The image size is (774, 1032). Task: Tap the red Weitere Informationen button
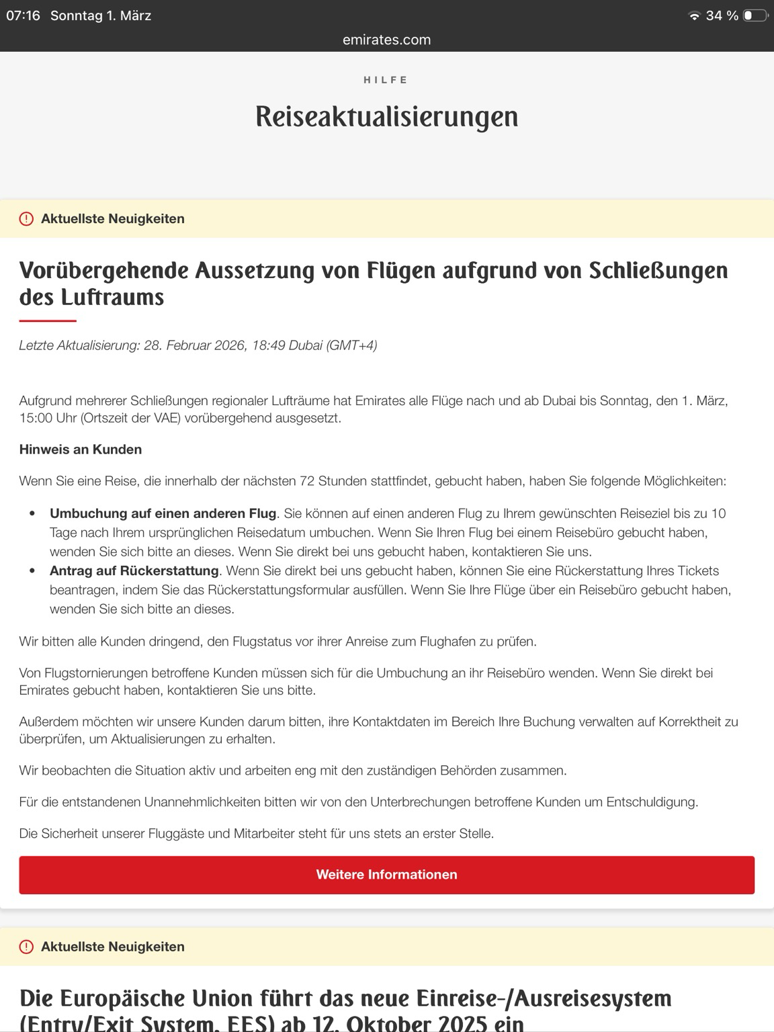[386, 875]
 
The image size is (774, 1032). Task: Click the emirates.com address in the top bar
[386, 40]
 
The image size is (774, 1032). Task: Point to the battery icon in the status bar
[755, 15]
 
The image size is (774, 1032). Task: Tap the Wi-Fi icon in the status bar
[694, 16]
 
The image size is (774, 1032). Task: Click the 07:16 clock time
[24, 15]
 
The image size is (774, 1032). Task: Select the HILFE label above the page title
[386, 80]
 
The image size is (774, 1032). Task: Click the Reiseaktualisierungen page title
[386, 116]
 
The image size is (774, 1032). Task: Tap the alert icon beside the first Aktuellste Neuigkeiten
[26, 219]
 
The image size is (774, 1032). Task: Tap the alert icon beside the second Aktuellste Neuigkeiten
[26, 947]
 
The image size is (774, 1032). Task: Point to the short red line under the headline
[48, 321]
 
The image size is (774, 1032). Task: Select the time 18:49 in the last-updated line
[267, 345]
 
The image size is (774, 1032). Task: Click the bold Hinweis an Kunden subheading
[81, 449]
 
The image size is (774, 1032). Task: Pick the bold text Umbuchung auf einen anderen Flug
[163, 513]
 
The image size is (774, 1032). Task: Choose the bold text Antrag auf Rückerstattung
[134, 571]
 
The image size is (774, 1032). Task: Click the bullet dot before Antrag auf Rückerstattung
[32, 571]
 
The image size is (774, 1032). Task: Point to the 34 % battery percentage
[722, 15]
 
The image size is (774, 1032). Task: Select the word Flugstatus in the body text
[262, 642]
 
